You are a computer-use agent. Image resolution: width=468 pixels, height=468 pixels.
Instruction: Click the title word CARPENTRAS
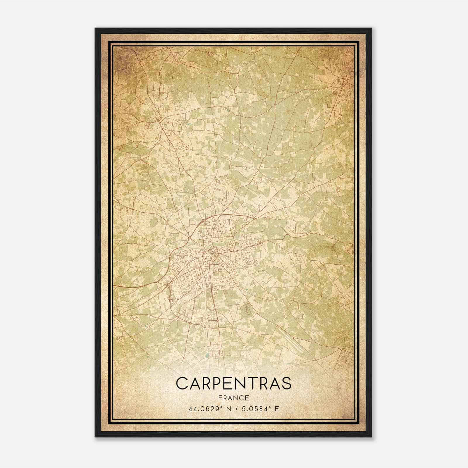(x=234, y=383)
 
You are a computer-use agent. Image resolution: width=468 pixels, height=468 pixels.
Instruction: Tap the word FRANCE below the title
(x=234, y=398)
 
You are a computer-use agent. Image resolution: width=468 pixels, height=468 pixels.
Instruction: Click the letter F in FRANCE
(x=220, y=398)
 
